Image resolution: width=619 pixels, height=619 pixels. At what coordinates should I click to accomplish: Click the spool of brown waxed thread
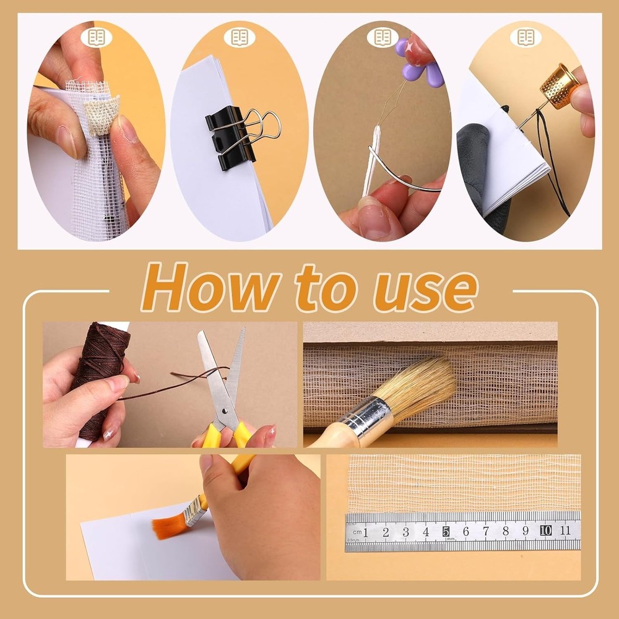99,371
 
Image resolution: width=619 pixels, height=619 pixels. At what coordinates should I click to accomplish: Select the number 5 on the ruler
446,531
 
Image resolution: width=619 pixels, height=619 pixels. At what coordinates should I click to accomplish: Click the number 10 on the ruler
545,530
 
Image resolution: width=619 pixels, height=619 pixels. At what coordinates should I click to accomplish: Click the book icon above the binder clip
240,38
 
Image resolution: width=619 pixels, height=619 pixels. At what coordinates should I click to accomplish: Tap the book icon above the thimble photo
526,37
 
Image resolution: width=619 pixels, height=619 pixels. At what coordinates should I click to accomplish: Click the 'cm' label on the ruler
356,532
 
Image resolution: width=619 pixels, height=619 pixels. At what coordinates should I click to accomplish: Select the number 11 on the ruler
565,530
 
